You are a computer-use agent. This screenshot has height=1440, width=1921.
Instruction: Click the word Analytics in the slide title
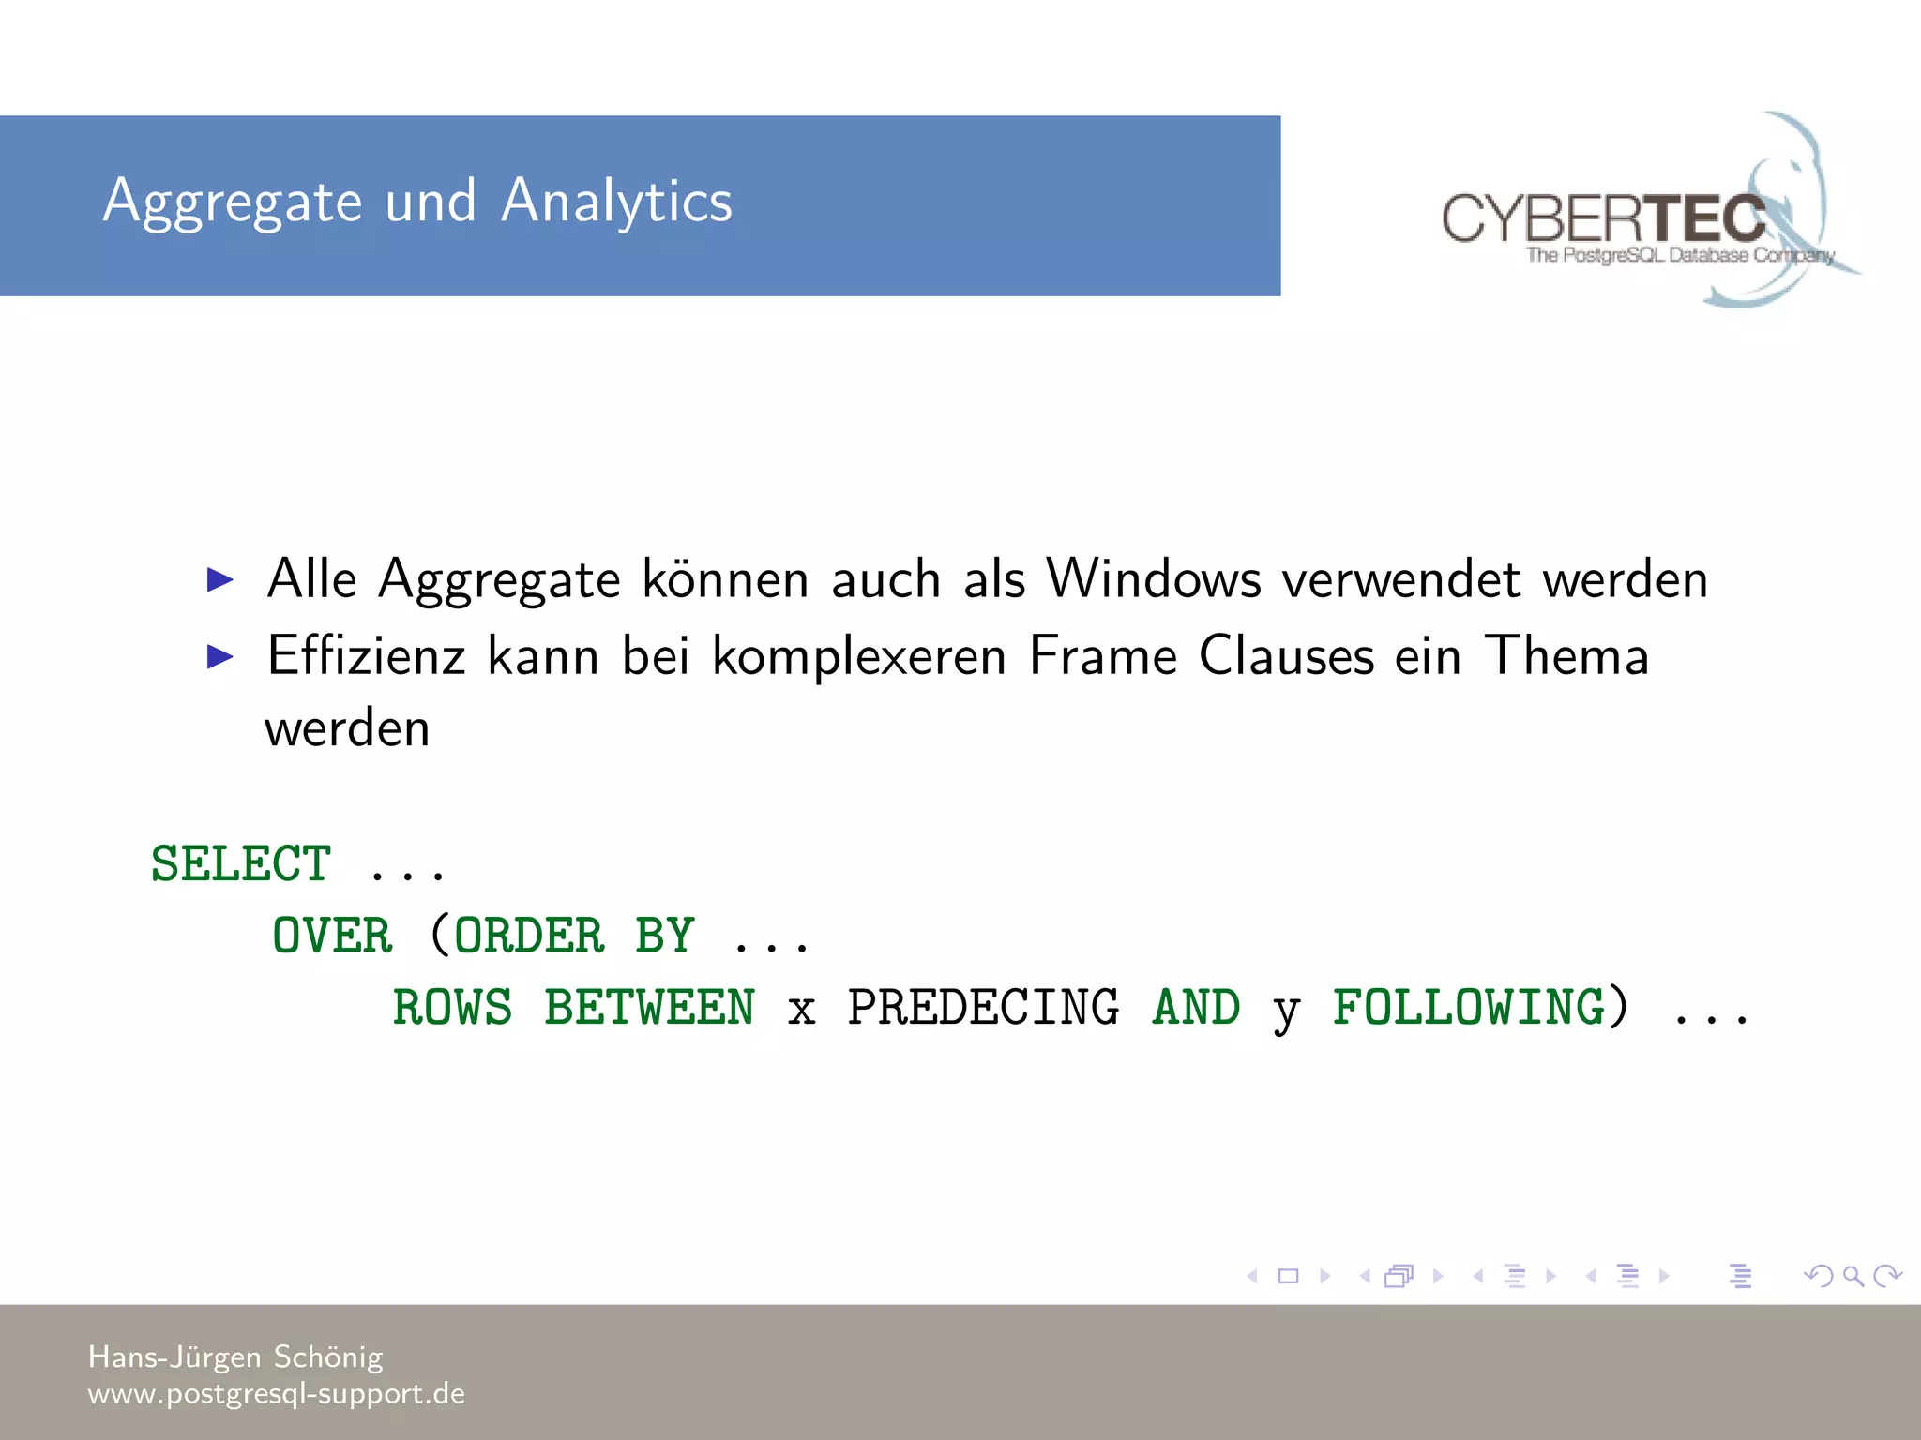[616, 201]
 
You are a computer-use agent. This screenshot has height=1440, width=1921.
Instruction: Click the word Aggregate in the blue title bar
[233, 202]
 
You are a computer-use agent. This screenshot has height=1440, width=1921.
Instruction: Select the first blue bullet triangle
[220, 579]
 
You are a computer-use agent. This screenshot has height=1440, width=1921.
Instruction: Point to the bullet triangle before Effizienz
[220, 656]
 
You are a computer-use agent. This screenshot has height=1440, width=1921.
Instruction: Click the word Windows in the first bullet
[1153, 578]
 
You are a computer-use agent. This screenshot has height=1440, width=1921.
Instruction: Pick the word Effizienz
[366, 655]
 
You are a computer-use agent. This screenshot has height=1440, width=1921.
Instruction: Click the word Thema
[1566, 655]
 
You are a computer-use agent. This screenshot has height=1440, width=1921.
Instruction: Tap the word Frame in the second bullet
[1102, 655]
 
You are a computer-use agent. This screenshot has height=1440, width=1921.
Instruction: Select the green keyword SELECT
[241, 863]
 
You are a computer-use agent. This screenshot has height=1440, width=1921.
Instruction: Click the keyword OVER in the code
[332, 936]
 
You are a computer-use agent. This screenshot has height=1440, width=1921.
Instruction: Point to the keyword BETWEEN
[649, 1008]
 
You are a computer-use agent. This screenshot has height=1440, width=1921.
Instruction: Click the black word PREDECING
[983, 1008]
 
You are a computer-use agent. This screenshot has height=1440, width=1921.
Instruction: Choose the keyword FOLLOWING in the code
[1469, 1008]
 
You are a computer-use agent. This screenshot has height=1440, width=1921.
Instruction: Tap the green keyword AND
[1196, 1008]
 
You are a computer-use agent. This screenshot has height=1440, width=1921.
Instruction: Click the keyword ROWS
[452, 1008]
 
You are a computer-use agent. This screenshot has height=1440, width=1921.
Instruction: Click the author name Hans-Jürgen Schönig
[235, 1357]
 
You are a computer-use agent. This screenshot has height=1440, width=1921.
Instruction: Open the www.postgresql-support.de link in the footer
[276, 1393]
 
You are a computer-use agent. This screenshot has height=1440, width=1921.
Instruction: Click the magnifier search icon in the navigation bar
[1853, 1276]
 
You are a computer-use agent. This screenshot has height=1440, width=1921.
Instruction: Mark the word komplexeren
[858, 655]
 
